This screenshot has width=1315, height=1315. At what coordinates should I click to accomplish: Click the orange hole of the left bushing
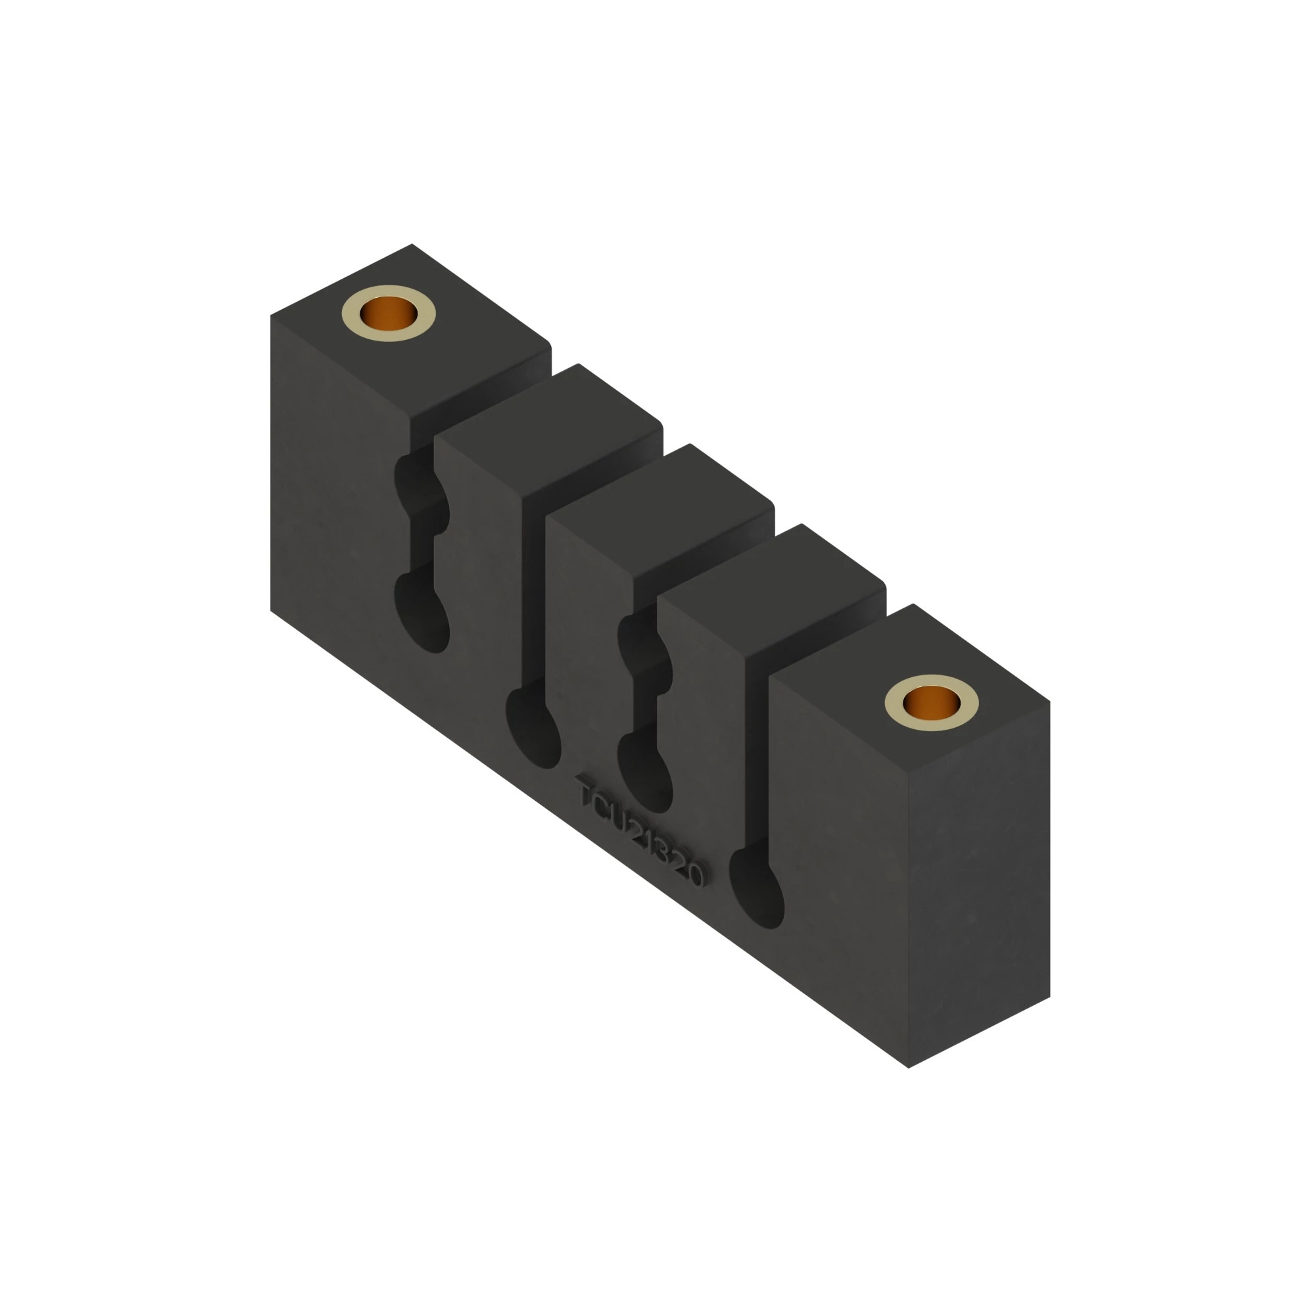pyautogui.click(x=388, y=313)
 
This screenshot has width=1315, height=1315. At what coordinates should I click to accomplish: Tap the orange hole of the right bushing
pyautogui.click(x=931, y=702)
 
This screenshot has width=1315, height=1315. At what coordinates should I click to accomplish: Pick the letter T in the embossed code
pyautogui.click(x=586, y=792)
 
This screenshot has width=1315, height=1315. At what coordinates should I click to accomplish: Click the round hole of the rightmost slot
pyautogui.click(x=757, y=889)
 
